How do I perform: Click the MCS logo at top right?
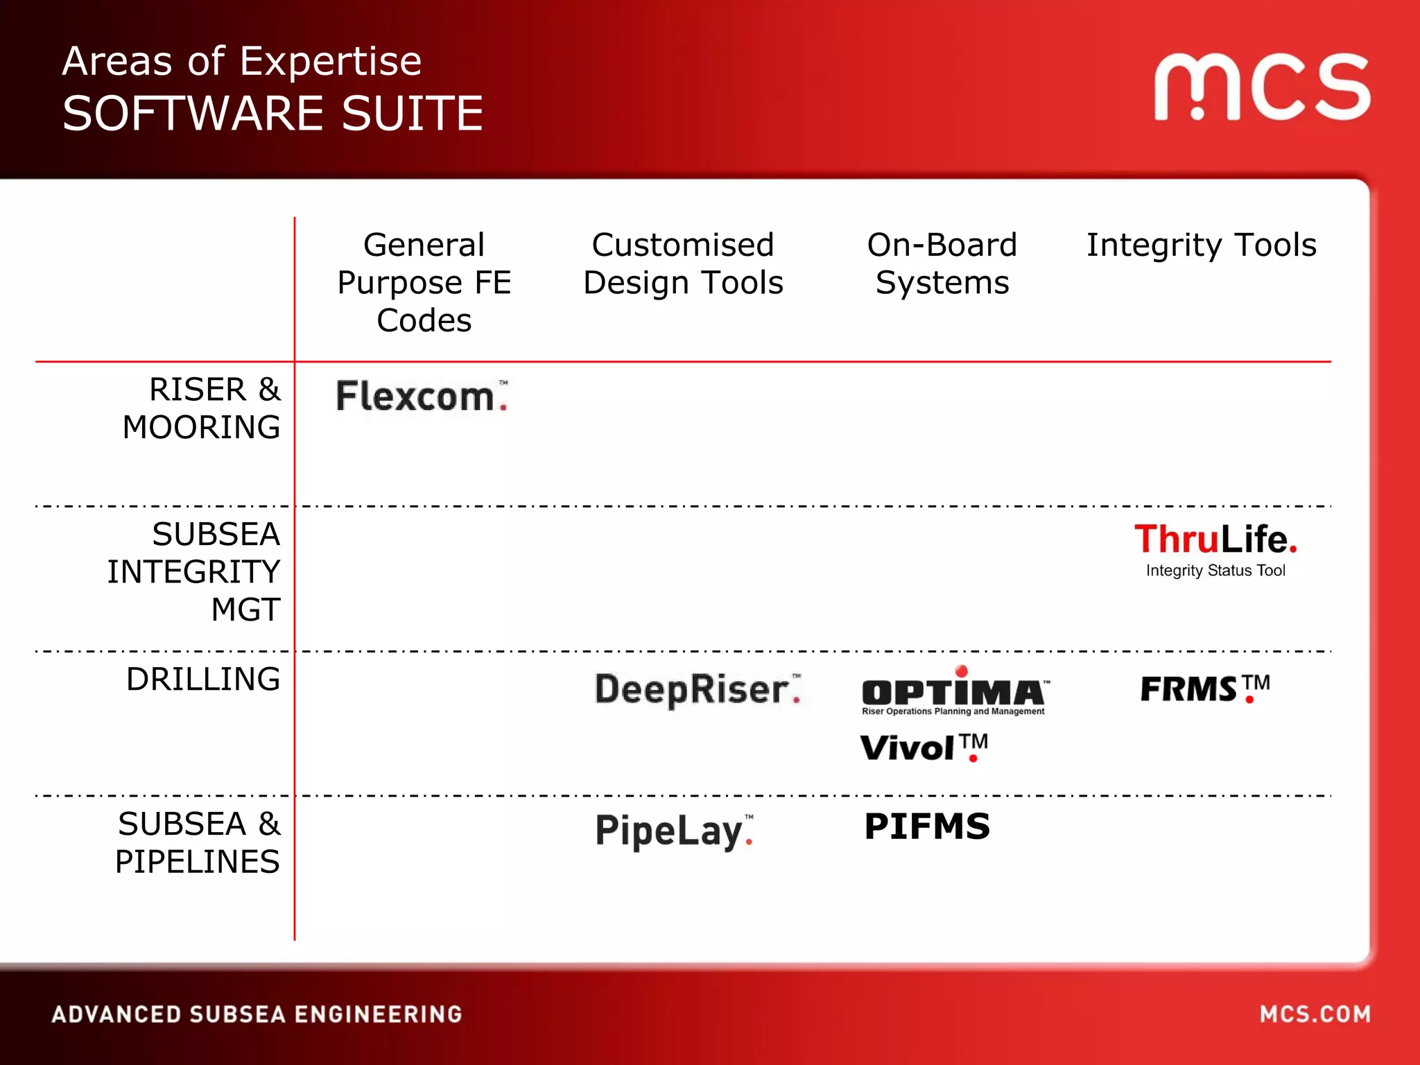[x=1262, y=87]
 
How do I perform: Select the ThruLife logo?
[x=1215, y=539]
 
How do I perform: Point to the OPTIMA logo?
[x=954, y=692]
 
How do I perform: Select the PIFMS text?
[x=927, y=826]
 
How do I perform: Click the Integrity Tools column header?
[x=1201, y=245]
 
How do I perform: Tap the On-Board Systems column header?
[x=942, y=263]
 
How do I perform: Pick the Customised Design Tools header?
[x=683, y=263]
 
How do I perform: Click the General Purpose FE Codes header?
[x=424, y=282]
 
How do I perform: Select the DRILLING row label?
[x=203, y=679]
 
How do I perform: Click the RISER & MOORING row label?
[x=202, y=408]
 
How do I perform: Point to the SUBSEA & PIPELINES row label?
[x=198, y=842]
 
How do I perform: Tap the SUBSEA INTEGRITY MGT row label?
[x=194, y=572]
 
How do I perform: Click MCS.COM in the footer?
[x=1315, y=1014]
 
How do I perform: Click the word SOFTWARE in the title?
[x=193, y=114]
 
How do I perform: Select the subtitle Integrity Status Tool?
[x=1215, y=571]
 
